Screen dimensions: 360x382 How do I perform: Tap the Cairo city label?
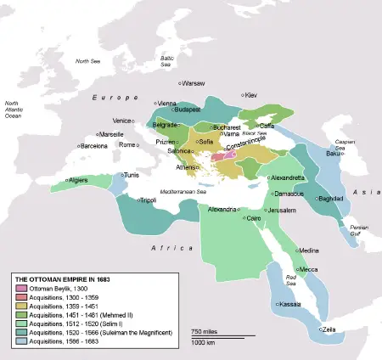[254, 218]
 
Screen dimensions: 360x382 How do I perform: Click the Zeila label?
[329, 329]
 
